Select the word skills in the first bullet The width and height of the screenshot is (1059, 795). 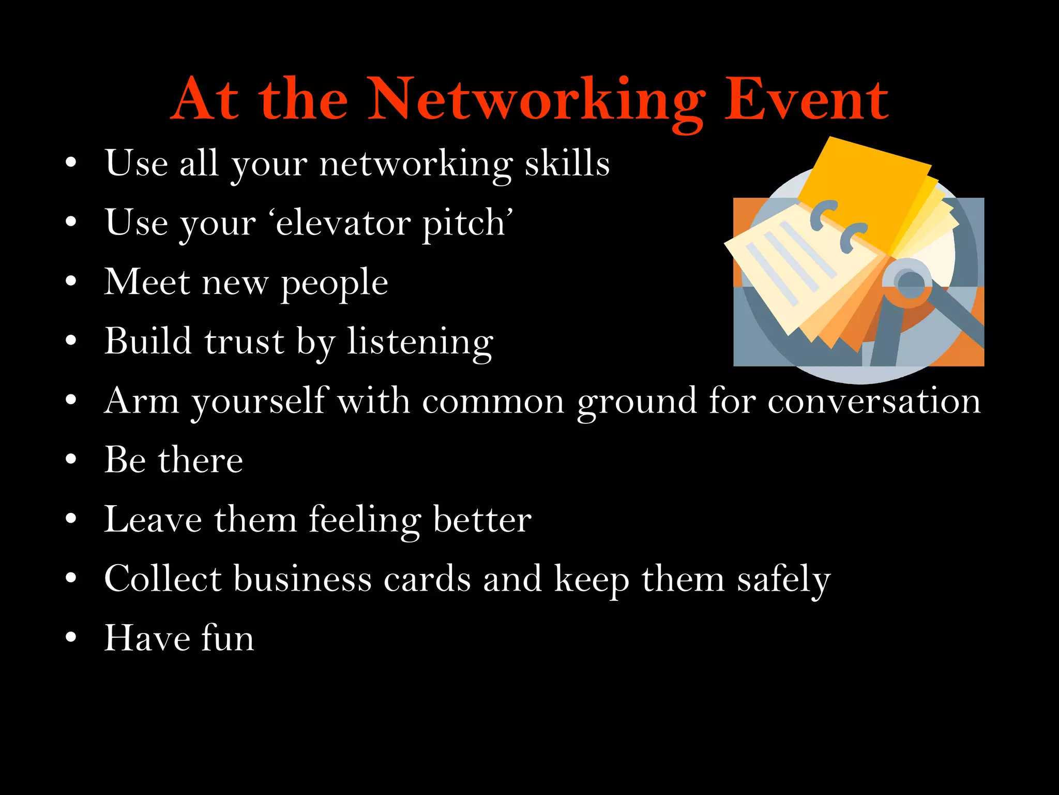[x=567, y=164]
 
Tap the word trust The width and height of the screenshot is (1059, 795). [x=244, y=342]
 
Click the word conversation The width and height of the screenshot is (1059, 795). [x=874, y=401]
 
